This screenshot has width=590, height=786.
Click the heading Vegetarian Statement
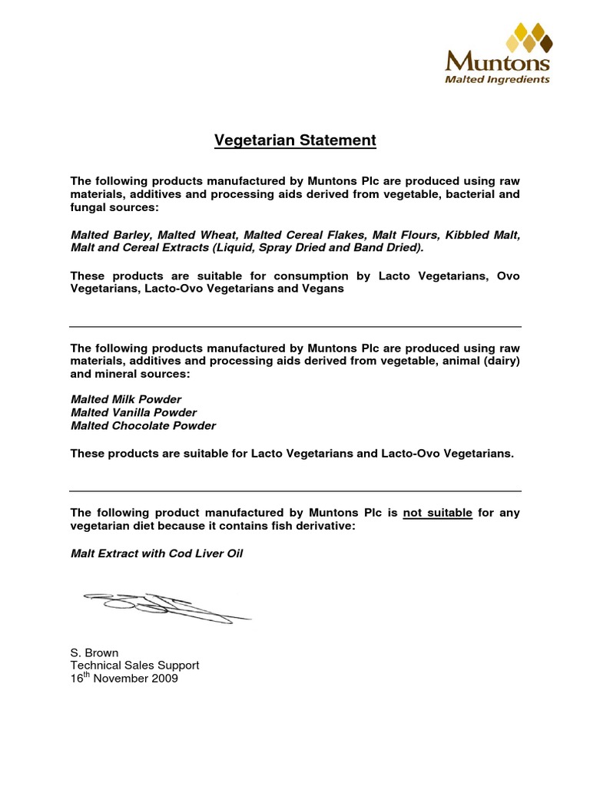[x=295, y=140]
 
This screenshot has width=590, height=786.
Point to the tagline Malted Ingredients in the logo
[x=499, y=78]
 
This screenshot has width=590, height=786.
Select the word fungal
[x=88, y=208]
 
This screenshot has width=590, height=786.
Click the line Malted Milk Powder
[x=126, y=399]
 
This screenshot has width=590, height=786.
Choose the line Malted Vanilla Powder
[x=134, y=412]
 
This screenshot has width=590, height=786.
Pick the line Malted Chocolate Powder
[x=143, y=425]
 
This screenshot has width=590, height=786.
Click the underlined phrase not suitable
[x=437, y=513]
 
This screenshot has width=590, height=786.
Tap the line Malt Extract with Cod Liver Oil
[x=157, y=553]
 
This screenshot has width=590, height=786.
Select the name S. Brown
[x=94, y=653]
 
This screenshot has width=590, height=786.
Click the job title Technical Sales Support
[x=134, y=665]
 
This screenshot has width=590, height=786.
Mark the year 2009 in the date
[x=165, y=679]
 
